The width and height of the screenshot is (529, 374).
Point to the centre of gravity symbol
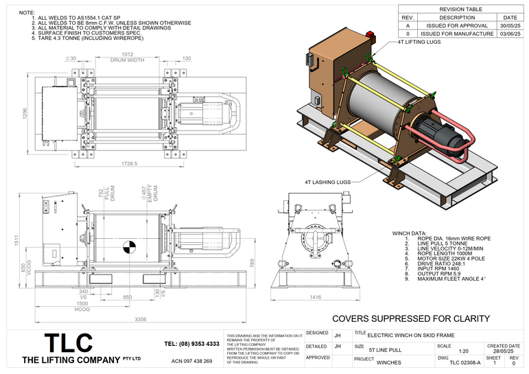pos(128,246)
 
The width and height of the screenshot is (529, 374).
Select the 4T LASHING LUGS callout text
pos(327,183)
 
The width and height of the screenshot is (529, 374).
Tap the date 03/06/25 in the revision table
pos(510,34)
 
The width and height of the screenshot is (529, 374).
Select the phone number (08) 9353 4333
pos(192,344)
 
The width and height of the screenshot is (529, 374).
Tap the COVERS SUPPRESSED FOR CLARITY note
pos(410,318)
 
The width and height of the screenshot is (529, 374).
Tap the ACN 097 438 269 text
pos(191,361)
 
